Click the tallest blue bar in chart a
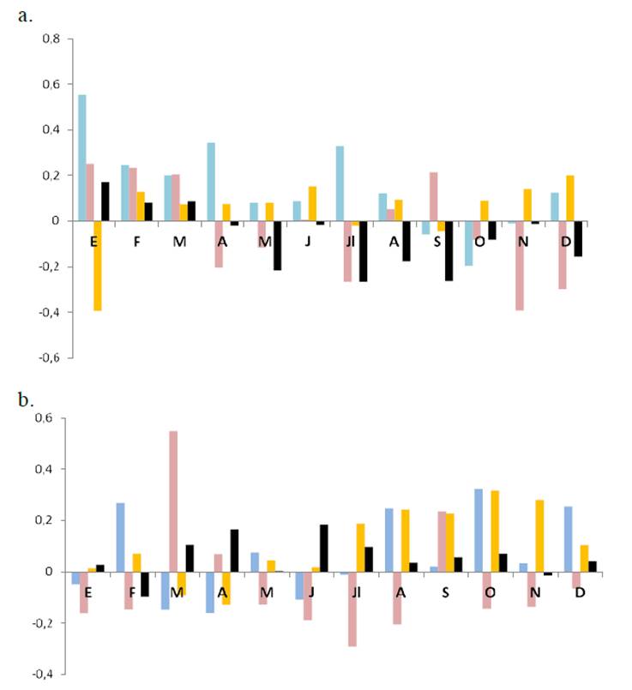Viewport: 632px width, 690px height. [82, 158]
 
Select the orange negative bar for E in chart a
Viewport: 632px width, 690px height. [98, 266]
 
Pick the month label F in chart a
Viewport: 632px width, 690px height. [137, 242]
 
